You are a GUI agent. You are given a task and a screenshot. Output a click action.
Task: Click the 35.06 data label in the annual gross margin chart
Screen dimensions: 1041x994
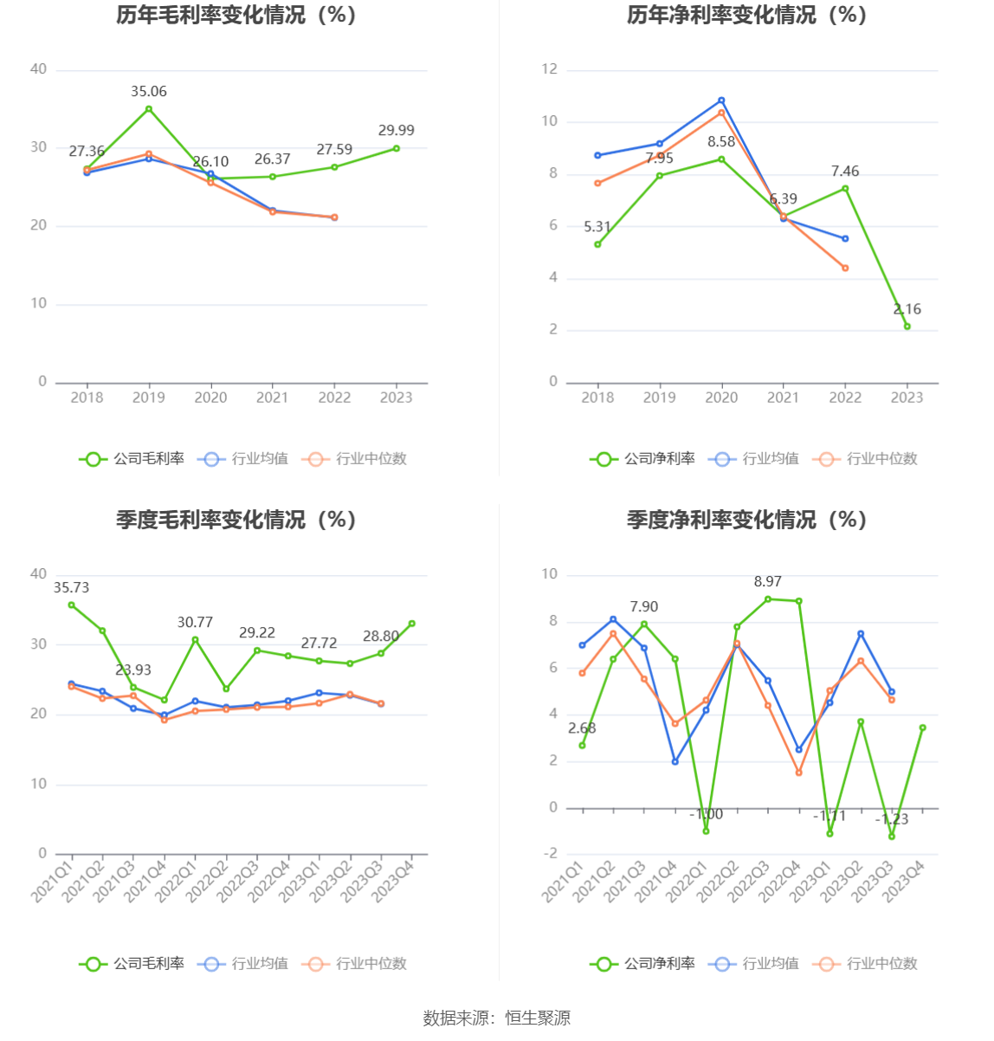[x=149, y=91]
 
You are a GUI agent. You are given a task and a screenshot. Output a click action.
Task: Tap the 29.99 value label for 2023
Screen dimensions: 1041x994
[x=397, y=130]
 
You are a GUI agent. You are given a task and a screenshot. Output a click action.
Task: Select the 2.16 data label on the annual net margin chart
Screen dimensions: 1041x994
[x=907, y=309]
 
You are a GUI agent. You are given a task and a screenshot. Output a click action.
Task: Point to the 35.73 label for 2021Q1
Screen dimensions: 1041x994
[x=71, y=587]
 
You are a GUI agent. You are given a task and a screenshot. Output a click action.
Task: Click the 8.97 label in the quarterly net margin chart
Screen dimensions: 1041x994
[x=767, y=581]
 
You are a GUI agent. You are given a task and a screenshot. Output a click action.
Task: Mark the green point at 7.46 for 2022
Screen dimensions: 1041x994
[x=845, y=188]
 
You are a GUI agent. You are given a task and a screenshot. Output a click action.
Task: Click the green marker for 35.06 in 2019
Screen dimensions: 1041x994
[x=149, y=109]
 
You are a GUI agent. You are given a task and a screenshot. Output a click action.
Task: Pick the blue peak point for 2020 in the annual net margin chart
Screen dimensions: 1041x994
[x=721, y=100]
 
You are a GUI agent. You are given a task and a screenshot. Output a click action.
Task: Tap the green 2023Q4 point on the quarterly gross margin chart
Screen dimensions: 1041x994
[x=412, y=624]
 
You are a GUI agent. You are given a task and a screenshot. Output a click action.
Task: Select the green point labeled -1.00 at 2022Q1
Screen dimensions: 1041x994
[x=707, y=831]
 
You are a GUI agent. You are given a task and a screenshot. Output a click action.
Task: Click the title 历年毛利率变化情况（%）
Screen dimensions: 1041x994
[x=236, y=15]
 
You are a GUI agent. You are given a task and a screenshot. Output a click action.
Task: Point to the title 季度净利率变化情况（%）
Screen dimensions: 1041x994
[x=746, y=520]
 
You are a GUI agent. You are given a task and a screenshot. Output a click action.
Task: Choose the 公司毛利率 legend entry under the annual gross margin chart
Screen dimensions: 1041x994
[x=133, y=459]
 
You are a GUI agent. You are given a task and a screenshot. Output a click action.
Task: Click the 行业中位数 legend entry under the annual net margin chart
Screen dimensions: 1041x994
[x=866, y=459]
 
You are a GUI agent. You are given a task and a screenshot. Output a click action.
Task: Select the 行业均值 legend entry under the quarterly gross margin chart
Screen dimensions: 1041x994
[x=244, y=963]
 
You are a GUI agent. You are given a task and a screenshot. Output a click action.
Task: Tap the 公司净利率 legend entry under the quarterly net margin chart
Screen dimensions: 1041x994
[x=644, y=963]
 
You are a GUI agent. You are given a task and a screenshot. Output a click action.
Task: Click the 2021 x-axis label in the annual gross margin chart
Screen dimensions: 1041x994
[x=273, y=398]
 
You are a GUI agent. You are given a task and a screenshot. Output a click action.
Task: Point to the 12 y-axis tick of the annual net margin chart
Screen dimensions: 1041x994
[x=550, y=69]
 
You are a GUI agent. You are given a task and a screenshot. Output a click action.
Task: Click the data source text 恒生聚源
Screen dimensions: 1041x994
[x=538, y=1018]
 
